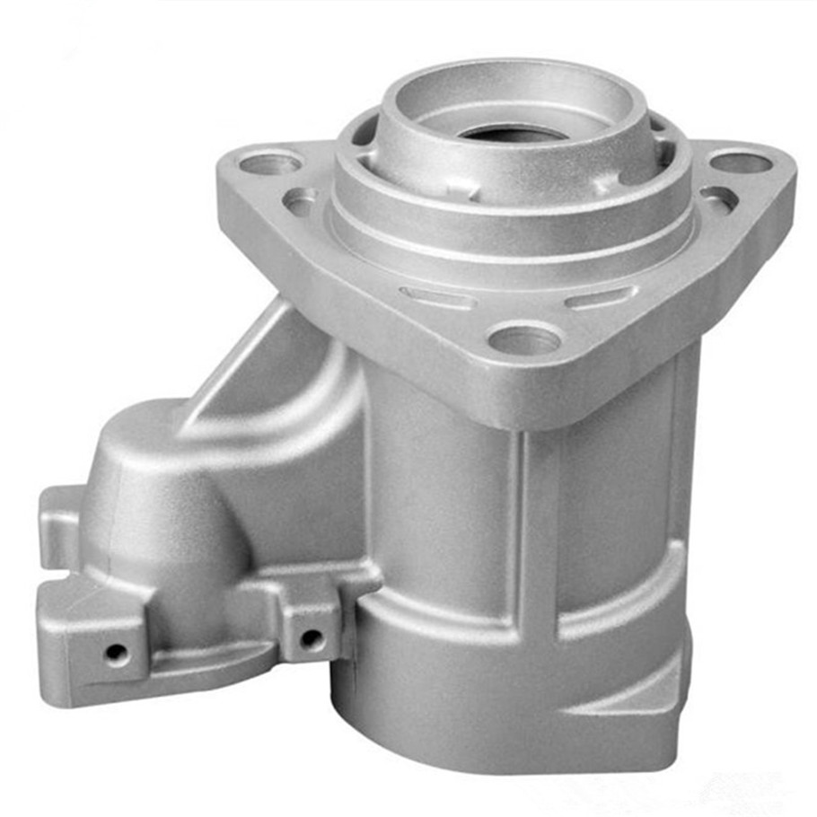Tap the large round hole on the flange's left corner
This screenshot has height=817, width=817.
coord(272,164)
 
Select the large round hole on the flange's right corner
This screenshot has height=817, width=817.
coord(742,163)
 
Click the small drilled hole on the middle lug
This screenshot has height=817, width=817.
coord(311,638)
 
